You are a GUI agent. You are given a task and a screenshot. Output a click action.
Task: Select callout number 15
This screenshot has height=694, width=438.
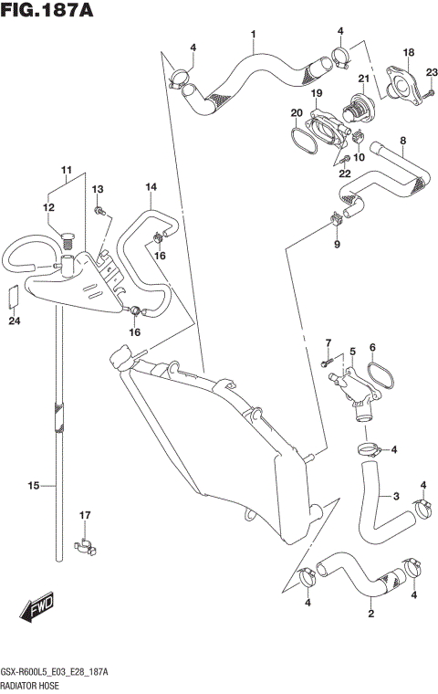point(33,486)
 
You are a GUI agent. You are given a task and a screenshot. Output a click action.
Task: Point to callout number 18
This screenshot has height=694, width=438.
point(409,53)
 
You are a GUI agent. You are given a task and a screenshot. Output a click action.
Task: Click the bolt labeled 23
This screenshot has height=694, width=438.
point(423,90)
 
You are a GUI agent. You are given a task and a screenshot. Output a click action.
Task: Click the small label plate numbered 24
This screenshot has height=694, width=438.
point(13,297)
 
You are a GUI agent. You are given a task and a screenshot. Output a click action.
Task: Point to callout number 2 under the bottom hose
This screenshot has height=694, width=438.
point(370,614)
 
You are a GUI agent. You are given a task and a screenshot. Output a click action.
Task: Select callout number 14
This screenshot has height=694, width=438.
point(151,187)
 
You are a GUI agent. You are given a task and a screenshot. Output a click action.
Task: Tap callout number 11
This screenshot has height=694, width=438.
point(66,171)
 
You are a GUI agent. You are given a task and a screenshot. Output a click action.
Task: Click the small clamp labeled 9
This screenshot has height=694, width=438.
point(335,218)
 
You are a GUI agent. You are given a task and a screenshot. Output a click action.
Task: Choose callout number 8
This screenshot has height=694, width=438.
point(402,141)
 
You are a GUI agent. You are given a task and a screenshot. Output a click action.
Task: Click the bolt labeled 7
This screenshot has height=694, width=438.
point(328,363)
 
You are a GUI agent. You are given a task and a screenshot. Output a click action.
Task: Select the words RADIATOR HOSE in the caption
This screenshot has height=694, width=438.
point(31,683)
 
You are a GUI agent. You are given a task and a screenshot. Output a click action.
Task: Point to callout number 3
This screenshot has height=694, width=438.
point(395,497)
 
